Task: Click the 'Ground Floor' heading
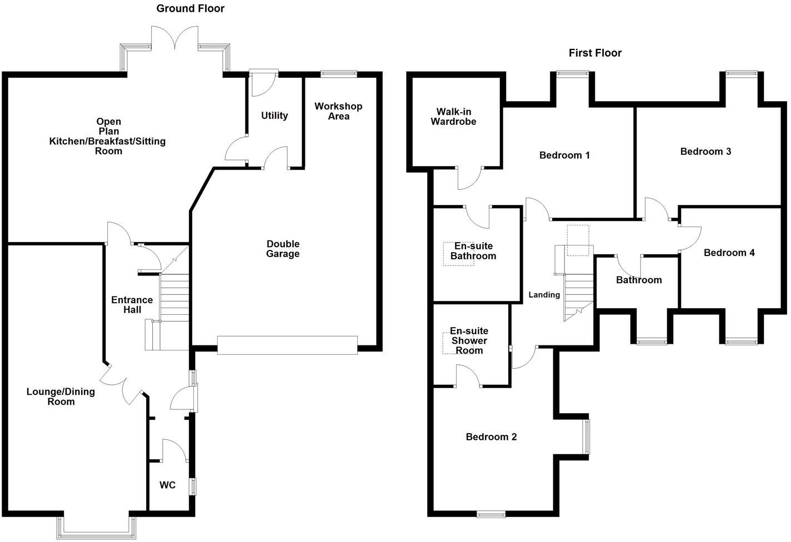[190, 8]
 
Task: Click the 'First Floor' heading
[595, 53]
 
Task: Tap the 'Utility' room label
[274, 116]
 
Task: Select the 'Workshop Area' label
[338, 111]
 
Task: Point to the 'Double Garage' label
[283, 249]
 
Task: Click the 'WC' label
[167, 485]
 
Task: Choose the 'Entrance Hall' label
[132, 305]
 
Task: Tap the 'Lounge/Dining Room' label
[61, 397]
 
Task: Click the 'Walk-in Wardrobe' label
[453, 117]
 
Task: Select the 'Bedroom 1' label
[564, 155]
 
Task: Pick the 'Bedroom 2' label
[491, 437]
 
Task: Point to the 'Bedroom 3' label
[705, 151]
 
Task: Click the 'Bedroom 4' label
[729, 253]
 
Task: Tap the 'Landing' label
[544, 295]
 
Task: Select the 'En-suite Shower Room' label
[469, 340]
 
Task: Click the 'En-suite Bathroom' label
[473, 251]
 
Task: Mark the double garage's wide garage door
[287, 345]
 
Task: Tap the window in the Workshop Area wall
[339, 73]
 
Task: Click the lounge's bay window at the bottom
[97, 534]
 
